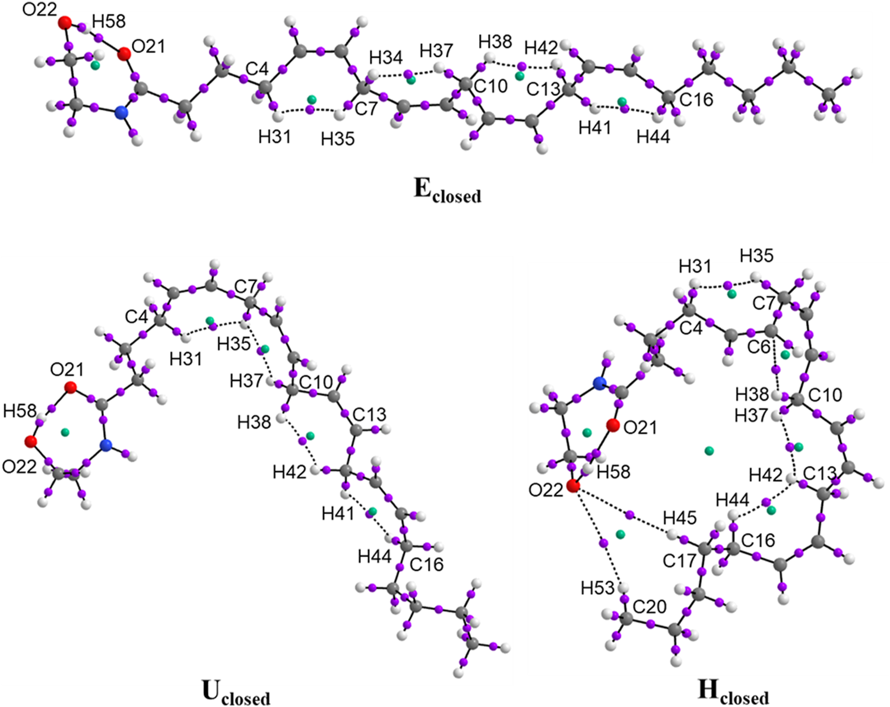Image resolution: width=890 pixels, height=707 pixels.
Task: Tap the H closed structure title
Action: [x=733, y=692]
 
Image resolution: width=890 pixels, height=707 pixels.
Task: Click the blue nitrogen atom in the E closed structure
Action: [x=122, y=112]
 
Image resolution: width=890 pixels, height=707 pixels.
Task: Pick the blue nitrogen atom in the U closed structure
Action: [x=106, y=445]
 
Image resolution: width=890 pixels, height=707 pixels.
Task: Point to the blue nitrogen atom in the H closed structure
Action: [x=599, y=383]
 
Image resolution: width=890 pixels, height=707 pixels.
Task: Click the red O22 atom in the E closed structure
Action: [x=65, y=23]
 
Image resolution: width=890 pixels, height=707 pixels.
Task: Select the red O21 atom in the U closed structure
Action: [x=71, y=388]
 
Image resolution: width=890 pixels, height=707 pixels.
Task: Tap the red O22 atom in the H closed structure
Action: [x=573, y=486]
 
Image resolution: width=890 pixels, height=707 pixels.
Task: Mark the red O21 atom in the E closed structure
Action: [x=123, y=55]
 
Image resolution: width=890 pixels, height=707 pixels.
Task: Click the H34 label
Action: [x=385, y=58]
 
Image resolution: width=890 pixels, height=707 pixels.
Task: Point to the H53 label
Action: [x=597, y=588]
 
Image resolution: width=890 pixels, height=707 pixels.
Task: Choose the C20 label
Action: [x=650, y=607]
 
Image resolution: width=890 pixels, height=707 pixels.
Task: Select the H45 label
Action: [x=679, y=517]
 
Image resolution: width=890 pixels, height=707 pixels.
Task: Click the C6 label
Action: [x=758, y=346]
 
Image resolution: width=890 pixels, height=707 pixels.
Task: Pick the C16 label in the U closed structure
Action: [x=426, y=564]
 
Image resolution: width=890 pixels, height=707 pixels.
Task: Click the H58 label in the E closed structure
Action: [x=109, y=21]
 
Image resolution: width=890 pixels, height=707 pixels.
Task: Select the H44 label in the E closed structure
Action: [x=653, y=137]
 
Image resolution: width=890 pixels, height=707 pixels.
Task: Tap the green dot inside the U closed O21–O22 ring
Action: [x=65, y=432]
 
